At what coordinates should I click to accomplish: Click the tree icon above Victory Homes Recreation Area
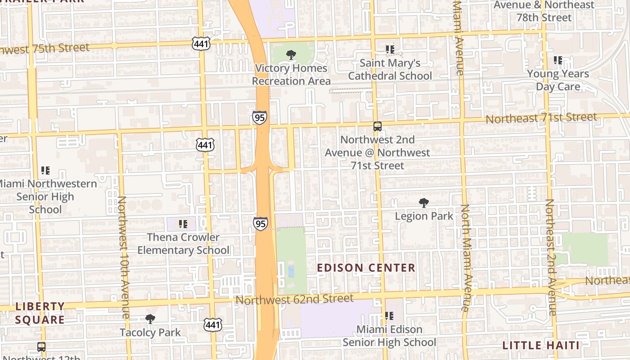[291, 55]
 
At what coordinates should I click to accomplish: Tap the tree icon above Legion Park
[423, 203]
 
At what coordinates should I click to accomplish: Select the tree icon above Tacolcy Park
[150, 319]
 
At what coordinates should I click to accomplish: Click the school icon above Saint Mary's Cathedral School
[390, 49]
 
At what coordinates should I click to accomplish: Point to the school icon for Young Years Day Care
[558, 60]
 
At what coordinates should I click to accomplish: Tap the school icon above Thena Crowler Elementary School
[183, 224]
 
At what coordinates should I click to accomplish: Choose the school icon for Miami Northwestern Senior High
[45, 171]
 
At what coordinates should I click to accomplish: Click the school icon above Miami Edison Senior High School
[389, 316]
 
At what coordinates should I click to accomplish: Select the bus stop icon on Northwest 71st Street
[377, 126]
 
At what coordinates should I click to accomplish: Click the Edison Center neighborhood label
[366, 268]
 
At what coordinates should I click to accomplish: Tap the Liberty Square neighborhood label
[40, 313]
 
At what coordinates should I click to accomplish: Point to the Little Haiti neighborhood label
[540, 346]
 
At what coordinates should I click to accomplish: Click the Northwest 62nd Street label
[294, 299]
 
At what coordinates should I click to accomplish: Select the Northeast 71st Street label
[541, 118]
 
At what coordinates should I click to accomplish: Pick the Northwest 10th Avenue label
[123, 256]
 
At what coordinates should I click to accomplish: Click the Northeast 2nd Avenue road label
[551, 256]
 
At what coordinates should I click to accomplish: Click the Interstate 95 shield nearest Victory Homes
[259, 117]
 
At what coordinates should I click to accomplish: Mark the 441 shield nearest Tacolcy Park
[212, 324]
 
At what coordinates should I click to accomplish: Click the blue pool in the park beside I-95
[291, 271]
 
